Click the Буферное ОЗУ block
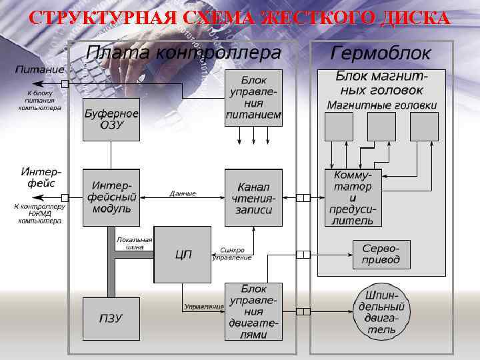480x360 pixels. click(x=111, y=120)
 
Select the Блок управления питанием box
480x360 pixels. click(x=253, y=97)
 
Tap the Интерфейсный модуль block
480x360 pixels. click(x=111, y=197)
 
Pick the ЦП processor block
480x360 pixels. click(x=182, y=254)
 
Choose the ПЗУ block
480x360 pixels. click(x=111, y=318)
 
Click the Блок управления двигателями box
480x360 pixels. click(x=253, y=311)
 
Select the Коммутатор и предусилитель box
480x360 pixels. click(x=353, y=197)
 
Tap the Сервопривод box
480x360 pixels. click(x=381, y=254)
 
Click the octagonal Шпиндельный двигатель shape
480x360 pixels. click(x=381, y=311)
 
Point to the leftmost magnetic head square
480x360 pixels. click(x=339, y=127)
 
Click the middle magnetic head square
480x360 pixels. click(x=381, y=127)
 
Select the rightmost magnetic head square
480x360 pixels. click(x=424, y=127)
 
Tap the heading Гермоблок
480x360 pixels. click(x=381, y=53)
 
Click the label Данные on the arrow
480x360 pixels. click(x=183, y=193)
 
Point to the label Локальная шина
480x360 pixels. click(x=134, y=243)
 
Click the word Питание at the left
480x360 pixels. click(x=40, y=69)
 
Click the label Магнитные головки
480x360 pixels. click(x=381, y=105)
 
